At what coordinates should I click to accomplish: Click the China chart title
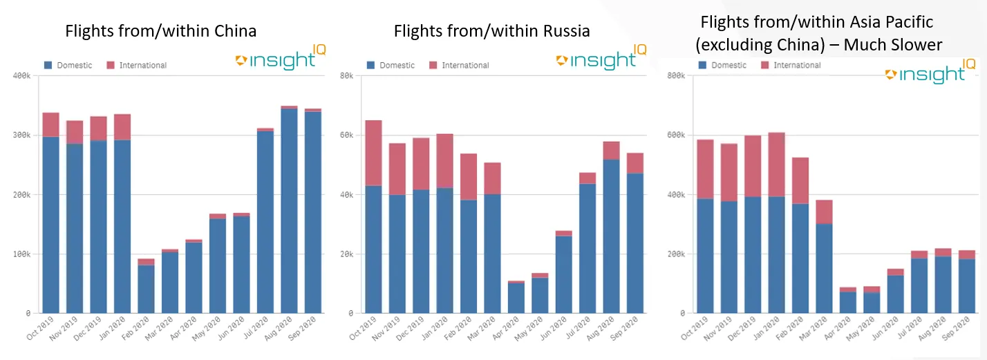tap(160, 31)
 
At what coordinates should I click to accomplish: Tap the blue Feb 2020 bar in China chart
tap(146, 289)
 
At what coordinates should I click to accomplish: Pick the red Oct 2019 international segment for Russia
tap(373, 153)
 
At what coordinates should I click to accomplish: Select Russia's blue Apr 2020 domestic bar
tap(516, 298)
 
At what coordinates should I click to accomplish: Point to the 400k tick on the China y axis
tap(21, 75)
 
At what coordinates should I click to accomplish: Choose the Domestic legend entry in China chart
tap(68, 66)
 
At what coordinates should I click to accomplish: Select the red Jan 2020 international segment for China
tap(122, 127)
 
